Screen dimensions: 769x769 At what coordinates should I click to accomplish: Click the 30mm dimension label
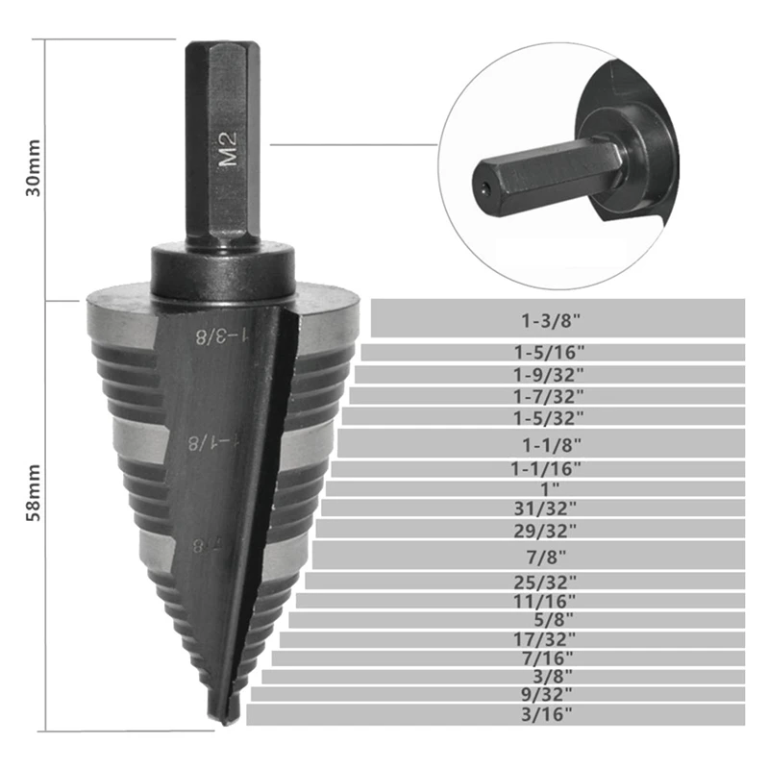coord(33,169)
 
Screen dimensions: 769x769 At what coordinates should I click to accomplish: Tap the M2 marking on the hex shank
coord(229,151)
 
